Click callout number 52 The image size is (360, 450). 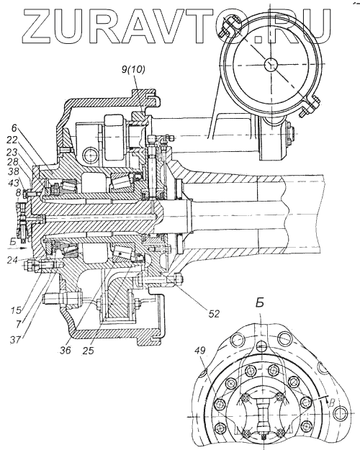pyautogui.click(x=213, y=314)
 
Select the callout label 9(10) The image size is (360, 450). pyautogui.click(x=133, y=69)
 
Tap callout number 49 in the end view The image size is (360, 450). pyautogui.click(x=202, y=351)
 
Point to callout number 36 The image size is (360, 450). pyautogui.click(x=66, y=351)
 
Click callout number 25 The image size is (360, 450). pyautogui.click(x=89, y=351)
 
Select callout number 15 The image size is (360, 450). pyautogui.click(x=17, y=310)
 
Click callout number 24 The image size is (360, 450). pyautogui.click(x=13, y=261)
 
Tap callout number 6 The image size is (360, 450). pyautogui.click(x=15, y=127)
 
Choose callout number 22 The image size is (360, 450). pyautogui.click(x=12, y=140)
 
